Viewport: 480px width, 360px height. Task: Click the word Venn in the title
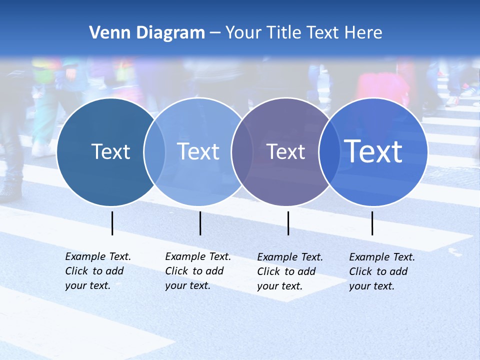(107, 33)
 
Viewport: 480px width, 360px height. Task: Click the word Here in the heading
(363, 33)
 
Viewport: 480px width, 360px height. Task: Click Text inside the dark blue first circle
(110, 151)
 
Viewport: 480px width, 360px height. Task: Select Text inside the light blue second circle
(198, 151)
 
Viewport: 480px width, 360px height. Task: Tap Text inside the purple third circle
(285, 151)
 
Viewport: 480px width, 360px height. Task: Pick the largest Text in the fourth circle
(373, 151)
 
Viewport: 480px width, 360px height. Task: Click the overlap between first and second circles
(154, 152)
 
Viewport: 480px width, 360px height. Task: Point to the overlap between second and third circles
(242, 152)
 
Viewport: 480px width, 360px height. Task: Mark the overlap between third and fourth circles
(328, 152)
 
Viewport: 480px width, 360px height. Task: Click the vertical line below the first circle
(112, 223)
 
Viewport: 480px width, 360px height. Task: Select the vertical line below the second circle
(200, 223)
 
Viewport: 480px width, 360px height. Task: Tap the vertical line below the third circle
(288, 223)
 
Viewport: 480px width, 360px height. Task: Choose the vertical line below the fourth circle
(372, 223)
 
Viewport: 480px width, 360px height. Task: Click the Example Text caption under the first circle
(98, 271)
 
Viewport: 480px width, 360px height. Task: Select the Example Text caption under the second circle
(198, 271)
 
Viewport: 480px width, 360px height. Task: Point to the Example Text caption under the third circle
(290, 271)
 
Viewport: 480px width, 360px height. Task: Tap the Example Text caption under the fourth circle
(382, 271)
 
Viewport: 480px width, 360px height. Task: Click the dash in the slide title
(215, 33)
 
